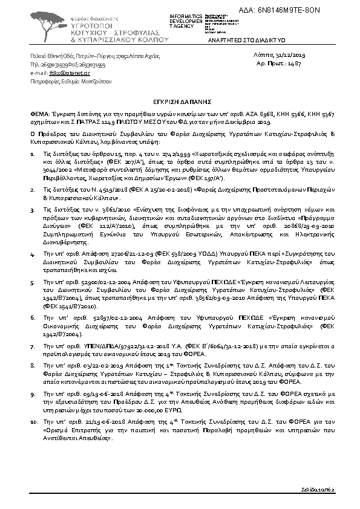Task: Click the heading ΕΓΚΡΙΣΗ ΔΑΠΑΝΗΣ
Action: coord(180,103)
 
